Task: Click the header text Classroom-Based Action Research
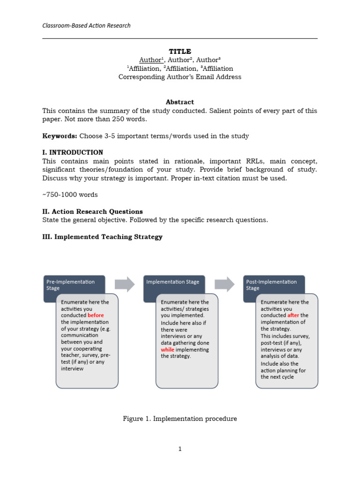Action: pyautogui.click(x=86, y=25)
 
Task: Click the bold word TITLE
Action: pyautogui.click(x=180, y=52)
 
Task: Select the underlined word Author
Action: pyautogui.click(x=150, y=60)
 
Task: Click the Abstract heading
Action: pyautogui.click(x=180, y=102)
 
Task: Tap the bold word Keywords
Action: pyautogui.click(x=59, y=136)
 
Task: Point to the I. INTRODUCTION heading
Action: pyautogui.click(x=73, y=152)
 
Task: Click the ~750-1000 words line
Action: pyautogui.click(x=70, y=195)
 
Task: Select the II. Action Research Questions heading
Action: pyautogui.click(x=92, y=211)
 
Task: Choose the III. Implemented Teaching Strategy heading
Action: pyautogui.click(x=102, y=237)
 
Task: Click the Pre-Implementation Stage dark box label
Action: pyautogui.click(x=71, y=285)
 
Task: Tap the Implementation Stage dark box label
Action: pyautogui.click(x=172, y=282)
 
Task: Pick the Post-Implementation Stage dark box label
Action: pyautogui.click(x=271, y=285)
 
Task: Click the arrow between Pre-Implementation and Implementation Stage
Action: pyautogui.click(x=124, y=284)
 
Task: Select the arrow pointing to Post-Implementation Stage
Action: pyautogui.click(x=225, y=284)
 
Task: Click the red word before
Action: pyautogui.click(x=96, y=315)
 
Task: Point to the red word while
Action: pyautogui.click(x=167, y=349)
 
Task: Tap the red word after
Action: pyautogui.click(x=293, y=315)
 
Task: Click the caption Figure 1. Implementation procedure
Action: pyautogui.click(x=180, y=419)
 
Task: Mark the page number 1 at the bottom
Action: pyautogui.click(x=180, y=449)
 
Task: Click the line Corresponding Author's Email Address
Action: pyautogui.click(x=180, y=77)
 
